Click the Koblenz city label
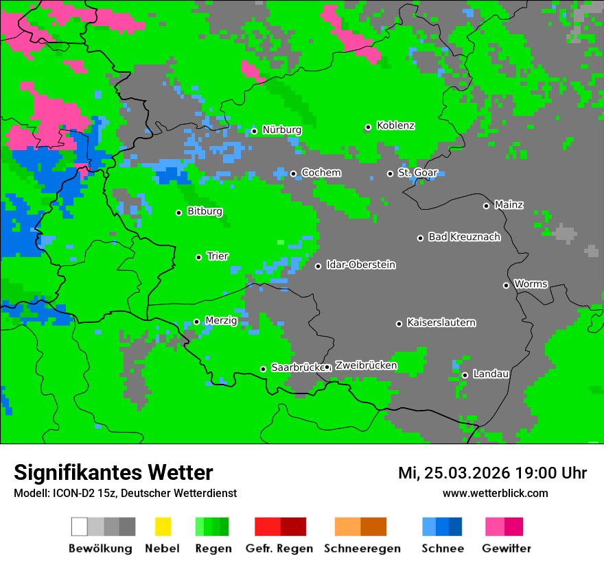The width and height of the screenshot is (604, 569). [x=395, y=125]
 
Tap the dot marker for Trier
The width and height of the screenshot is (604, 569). [x=199, y=257]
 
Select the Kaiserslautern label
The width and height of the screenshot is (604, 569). [x=441, y=322]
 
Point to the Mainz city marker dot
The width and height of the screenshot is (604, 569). [x=486, y=206]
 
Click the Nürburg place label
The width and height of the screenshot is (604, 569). [x=281, y=130]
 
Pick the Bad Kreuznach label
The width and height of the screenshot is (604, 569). [x=464, y=237]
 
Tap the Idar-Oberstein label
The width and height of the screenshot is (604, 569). [x=360, y=265]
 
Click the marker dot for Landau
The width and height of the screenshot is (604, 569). [x=465, y=375]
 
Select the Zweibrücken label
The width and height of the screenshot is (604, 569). [x=366, y=365]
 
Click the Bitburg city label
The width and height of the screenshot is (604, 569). [x=205, y=211]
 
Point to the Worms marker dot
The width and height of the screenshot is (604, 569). [x=506, y=285]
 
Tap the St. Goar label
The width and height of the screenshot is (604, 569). [x=417, y=173]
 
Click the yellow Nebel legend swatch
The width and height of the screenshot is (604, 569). [x=163, y=526]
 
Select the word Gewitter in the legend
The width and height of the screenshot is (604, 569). [x=506, y=548]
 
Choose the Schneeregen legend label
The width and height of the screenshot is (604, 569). [x=361, y=548]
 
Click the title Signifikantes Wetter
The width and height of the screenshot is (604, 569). [x=113, y=472]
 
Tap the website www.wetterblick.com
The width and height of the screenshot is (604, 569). [x=495, y=493]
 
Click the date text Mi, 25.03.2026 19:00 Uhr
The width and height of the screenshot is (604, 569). [x=492, y=473]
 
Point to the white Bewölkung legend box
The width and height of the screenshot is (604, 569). [x=80, y=526]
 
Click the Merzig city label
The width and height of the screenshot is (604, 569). [x=221, y=320]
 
